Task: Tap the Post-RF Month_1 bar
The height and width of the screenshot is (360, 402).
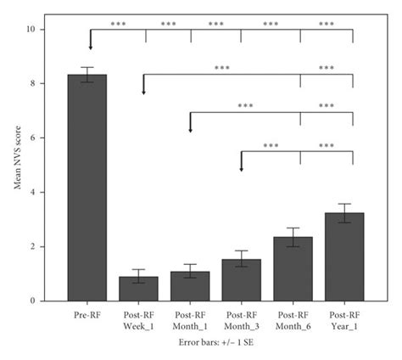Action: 190,285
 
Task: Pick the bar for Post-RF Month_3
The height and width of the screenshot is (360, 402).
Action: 242,279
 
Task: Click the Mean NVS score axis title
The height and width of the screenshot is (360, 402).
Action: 18,165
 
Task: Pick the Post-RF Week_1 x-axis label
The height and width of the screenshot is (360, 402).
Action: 143,318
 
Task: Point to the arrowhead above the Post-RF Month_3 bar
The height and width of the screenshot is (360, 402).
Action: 242,166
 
